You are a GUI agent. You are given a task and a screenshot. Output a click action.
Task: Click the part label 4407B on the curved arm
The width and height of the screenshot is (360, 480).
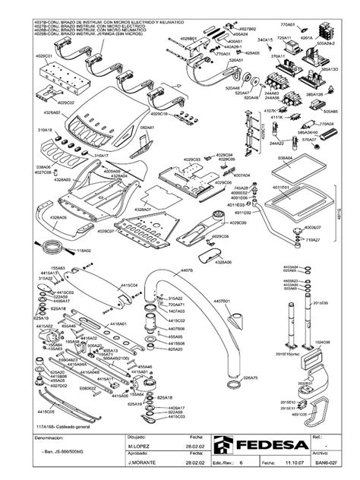pyautogui.click(x=187, y=270)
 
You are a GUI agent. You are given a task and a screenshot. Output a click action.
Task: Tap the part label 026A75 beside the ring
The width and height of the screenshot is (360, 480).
pyautogui.click(x=251, y=377)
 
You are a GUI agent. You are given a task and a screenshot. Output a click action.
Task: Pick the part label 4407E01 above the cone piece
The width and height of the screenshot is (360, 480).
pyautogui.click(x=223, y=302)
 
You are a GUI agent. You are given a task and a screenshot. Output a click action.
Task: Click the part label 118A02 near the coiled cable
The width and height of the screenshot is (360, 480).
pyautogui.click(x=84, y=250)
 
